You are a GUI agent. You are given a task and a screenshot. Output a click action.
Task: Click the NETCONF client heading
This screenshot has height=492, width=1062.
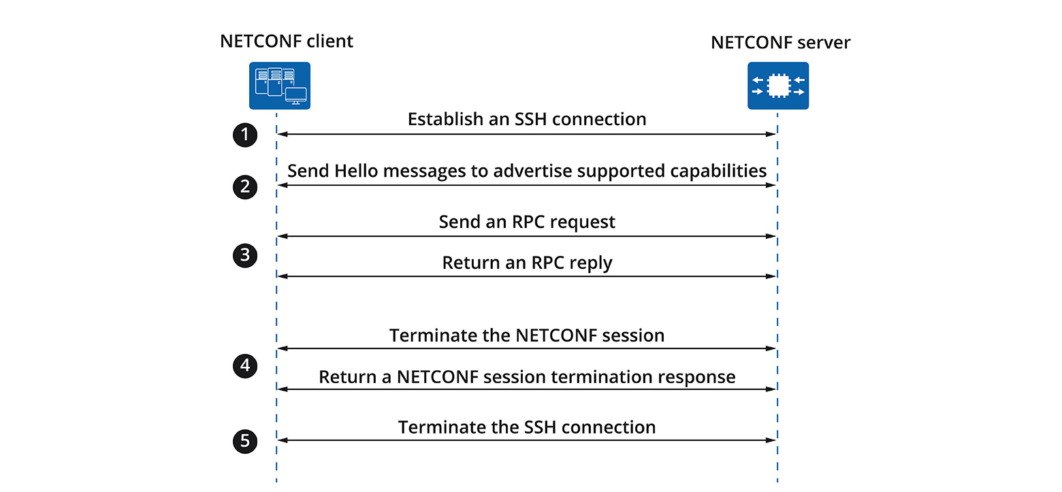(287, 42)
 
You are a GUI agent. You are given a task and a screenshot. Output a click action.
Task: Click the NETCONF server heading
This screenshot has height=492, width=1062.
(780, 43)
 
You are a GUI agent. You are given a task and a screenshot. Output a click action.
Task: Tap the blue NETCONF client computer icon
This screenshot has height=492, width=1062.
(279, 86)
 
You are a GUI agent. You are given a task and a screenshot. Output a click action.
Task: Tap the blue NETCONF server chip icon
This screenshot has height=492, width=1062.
(778, 86)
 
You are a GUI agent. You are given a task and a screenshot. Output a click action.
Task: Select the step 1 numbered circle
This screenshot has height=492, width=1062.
(245, 135)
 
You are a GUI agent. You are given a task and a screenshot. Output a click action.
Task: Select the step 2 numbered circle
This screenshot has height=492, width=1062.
(245, 186)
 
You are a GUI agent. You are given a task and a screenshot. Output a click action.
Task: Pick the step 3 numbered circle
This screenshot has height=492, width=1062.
(245, 257)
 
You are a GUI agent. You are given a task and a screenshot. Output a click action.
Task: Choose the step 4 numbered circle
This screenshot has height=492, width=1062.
(245, 367)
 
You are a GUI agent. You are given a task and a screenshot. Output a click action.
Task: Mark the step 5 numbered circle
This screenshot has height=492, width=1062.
(245, 442)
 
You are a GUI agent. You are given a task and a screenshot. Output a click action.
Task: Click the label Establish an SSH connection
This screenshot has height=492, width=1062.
(526, 120)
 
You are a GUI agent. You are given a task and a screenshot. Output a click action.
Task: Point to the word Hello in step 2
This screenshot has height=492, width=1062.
(357, 171)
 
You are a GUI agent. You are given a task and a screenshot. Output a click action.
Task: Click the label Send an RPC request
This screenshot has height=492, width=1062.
(526, 222)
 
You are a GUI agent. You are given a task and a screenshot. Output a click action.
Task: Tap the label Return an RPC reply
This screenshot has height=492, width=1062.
(526, 263)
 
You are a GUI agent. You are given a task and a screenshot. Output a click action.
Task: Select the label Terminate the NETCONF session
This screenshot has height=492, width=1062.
(526, 335)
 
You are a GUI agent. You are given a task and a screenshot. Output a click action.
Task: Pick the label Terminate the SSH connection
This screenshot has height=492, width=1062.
(526, 427)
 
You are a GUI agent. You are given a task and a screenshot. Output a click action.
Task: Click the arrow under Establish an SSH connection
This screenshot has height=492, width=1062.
(526, 135)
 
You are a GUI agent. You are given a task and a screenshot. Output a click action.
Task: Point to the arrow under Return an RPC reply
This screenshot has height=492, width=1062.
(526, 276)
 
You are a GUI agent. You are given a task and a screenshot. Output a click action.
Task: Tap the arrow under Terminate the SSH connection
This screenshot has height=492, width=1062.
(526, 440)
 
